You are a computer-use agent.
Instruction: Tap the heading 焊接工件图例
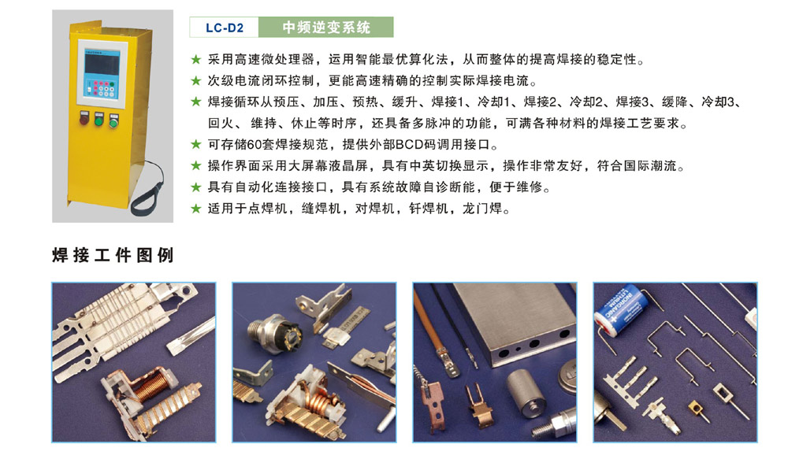pos(113,255)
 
